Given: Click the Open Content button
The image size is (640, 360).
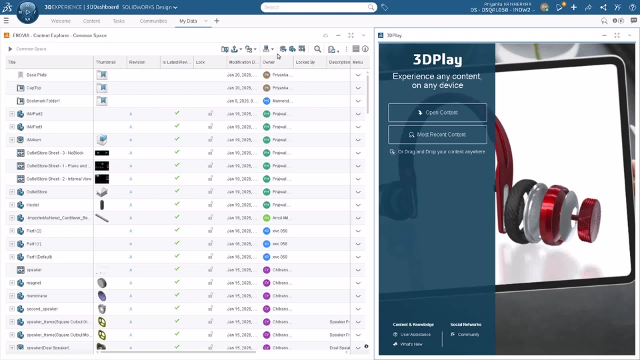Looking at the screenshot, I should click(x=437, y=113).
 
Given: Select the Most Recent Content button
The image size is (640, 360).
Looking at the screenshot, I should click(x=437, y=135).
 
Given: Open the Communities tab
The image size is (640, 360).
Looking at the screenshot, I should click(x=153, y=21).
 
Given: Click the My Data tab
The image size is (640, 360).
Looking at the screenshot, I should click(x=188, y=21).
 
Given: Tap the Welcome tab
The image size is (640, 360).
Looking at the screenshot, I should click(x=61, y=21).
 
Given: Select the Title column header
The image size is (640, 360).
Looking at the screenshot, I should click(x=12, y=62).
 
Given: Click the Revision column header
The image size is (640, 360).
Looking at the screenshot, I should click(x=137, y=62).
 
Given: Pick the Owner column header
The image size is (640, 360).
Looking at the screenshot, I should click(x=269, y=62).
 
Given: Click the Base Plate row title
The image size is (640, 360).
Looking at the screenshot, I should click(x=37, y=75).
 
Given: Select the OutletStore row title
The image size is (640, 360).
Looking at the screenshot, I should click(x=37, y=192).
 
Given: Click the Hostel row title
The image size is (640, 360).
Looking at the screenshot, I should click(x=33, y=205).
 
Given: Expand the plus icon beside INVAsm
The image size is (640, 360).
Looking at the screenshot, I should click(x=12, y=140).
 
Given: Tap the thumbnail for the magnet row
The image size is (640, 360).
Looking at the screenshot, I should click(x=102, y=283).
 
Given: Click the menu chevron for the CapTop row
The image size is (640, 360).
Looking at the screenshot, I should click(x=358, y=88).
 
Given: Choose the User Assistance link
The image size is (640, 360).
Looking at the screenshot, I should click(x=415, y=335).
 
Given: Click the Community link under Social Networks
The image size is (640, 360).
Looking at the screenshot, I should click(x=469, y=335).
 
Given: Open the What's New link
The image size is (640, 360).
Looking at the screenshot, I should click(x=411, y=345).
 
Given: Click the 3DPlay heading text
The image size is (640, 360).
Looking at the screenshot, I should click(x=437, y=59).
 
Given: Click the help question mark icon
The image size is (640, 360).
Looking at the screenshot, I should click(x=633, y=7).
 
